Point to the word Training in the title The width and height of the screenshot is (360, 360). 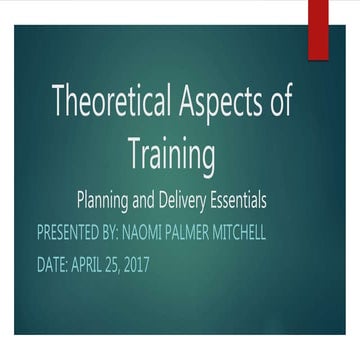tap(172, 153)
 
